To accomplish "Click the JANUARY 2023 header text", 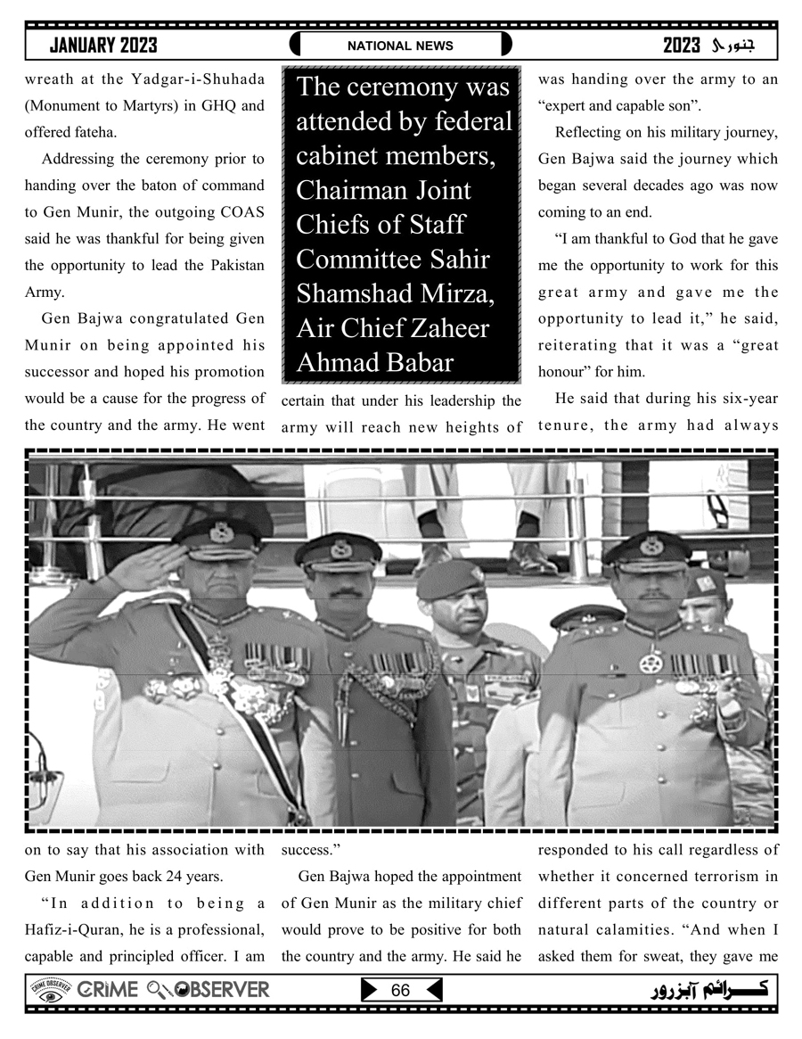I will pyautogui.click(x=103, y=45).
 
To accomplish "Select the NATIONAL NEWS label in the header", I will pyautogui.click(x=400, y=45).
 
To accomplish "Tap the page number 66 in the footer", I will pyautogui.click(x=400, y=991).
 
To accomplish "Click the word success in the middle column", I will pyautogui.click(x=307, y=850).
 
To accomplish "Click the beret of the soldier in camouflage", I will pyautogui.click(x=450, y=578).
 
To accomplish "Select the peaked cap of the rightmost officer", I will pyautogui.click(x=648, y=548).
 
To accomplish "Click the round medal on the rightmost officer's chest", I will pyautogui.click(x=651, y=663).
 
